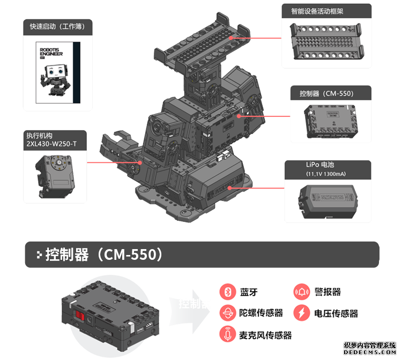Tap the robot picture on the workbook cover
coord(56,80)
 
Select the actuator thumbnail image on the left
coord(55,176)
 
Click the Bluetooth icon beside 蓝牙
coord(228,292)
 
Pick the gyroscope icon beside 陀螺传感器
coord(228,313)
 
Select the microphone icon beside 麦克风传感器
coord(228,334)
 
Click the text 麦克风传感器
coord(266,335)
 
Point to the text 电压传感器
coord(336,313)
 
